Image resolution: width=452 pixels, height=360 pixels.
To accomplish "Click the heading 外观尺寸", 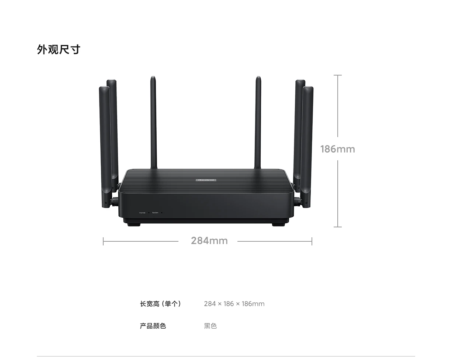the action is coord(58,49).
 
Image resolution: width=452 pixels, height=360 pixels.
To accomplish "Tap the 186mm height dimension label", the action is coord(337,149).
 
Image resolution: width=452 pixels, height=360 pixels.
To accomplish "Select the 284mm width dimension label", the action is coord(209,241).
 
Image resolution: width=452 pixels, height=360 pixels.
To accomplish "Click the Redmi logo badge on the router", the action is coord(206,180).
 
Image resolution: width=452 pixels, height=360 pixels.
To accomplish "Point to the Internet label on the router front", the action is coord(142,213).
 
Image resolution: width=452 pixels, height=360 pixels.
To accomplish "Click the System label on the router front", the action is coord(155,213).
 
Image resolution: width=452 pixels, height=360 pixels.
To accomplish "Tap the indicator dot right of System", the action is coord(161,213).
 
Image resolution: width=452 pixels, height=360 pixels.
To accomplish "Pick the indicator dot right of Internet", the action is coord(149,213).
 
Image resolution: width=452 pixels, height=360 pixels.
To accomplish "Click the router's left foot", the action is coord(132,224).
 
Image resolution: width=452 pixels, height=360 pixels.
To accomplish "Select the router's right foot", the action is coord(280,224).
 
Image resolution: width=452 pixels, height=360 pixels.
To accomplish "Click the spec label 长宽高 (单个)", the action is coord(160,304).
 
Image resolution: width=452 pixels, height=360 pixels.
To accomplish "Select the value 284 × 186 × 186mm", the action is coord(234,304).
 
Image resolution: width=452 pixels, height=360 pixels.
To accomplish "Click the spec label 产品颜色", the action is coord(153,326).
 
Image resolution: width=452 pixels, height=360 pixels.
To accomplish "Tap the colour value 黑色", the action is coord(210,326).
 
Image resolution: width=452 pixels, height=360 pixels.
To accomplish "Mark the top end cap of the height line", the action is coord(337,75).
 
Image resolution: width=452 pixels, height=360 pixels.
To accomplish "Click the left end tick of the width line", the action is coord(103,241).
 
